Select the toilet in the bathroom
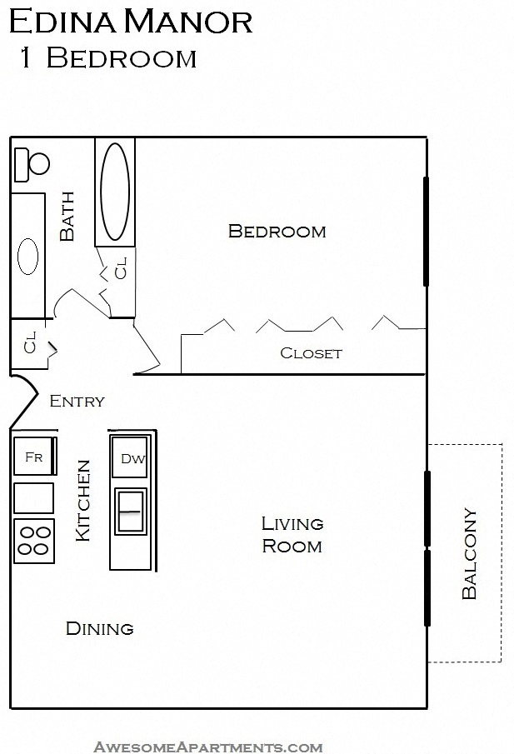tap(32, 164)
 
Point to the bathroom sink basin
tap(28, 257)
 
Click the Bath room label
tap(67, 217)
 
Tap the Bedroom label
tap(277, 231)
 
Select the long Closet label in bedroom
tap(311, 352)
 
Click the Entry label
tap(77, 402)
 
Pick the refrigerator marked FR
tap(34, 457)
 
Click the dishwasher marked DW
tap(132, 458)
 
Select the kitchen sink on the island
tap(131, 510)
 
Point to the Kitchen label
tap(83, 501)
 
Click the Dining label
tap(99, 628)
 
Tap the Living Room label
tap(292, 535)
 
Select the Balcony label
tap(469, 554)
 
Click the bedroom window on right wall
tap(426, 232)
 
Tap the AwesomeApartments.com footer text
tap(208, 747)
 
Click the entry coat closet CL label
tap(30, 343)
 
